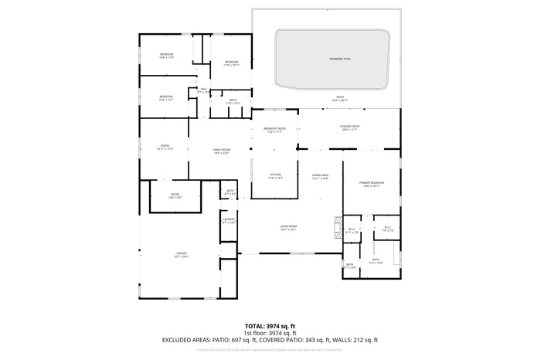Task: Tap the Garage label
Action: coord(182,253)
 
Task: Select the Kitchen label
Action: coord(275,176)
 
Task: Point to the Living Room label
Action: coord(288,227)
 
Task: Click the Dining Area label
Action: coord(320,176)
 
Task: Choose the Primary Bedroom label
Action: coord(371,184)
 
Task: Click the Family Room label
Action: coord(222,151)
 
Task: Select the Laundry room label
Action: coord(229,220)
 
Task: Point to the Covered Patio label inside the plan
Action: coord(349,127)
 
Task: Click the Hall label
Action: coord(204,90)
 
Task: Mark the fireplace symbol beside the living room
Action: coord(336,227)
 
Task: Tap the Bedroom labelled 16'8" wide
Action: coord(166,55)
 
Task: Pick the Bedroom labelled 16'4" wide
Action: coord(166,97)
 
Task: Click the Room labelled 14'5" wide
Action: coord(175,195)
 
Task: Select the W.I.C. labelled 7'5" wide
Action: coord(389,229)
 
